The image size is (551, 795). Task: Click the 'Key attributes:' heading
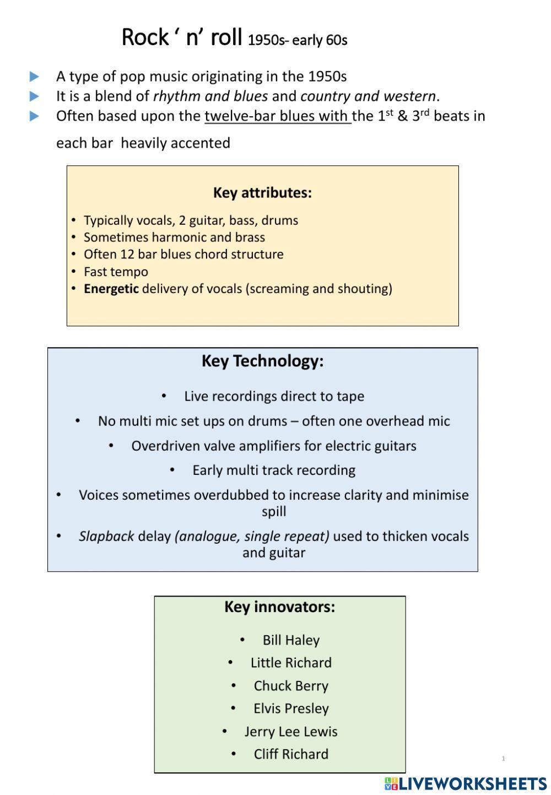(262, 193)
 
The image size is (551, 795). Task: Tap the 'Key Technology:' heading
(262, 361)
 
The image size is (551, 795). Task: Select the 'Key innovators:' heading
(279, 607)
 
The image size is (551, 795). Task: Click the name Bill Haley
(291, 640)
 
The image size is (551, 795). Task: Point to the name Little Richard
(291, 663)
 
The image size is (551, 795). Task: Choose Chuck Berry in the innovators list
(291, 686)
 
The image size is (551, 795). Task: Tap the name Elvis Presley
(291, 709)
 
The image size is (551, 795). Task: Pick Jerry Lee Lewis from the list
(291, 732)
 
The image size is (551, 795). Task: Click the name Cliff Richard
(291, 754)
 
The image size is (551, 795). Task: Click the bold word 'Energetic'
(111, 289)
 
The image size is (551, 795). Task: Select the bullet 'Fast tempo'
(116, 272)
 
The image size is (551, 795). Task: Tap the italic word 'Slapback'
(106, 536)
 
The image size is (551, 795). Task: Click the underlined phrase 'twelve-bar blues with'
(277, 116)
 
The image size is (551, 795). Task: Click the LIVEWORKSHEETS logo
(466, 783)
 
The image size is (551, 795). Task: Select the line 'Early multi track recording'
(274, 470)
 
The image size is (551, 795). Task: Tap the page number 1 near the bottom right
(503, 759)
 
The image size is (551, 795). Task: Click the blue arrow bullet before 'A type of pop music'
(35, 77)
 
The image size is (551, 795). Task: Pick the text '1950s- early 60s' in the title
(298, 40)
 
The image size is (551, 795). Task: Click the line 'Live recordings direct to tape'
(274, 396)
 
